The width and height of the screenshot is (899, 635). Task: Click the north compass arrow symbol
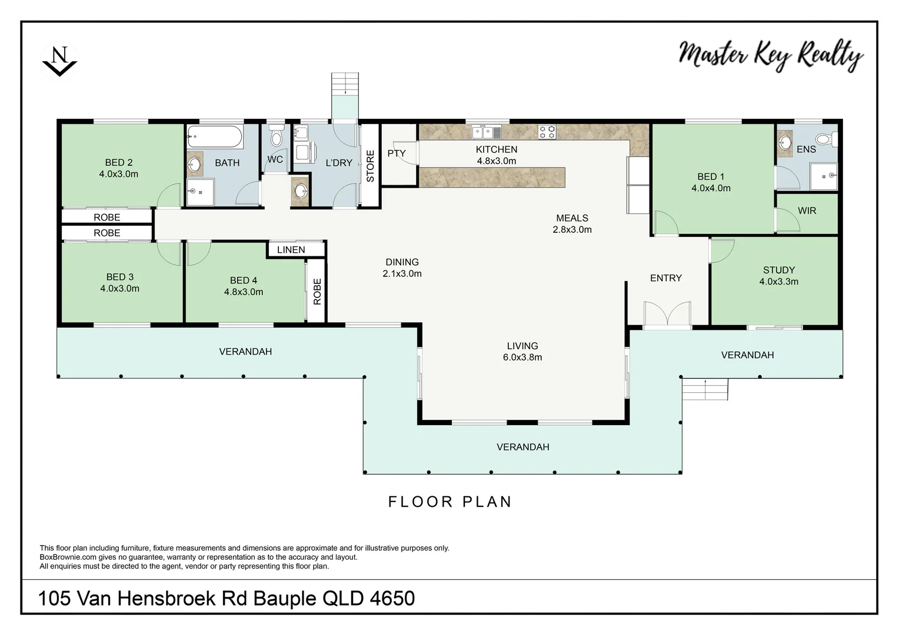click(x=59, y=61)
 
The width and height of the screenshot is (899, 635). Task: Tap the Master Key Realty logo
click(x=771, y=55)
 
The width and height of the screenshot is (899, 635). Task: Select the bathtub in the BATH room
click(x=215, y=139)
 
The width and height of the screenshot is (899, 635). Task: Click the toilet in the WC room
click(x=275, y=136)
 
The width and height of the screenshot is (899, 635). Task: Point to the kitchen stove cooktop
click(x=547, y=132)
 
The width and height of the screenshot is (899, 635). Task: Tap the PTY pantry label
click(x=397, y=153)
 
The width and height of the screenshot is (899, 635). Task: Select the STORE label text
click(x=370, y=166)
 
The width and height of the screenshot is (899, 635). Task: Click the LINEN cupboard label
click(x=291, y=250)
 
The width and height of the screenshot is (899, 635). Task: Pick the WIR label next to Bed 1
click(x=807, y=210)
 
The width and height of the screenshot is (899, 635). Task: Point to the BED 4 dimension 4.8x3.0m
click(x=244, y=292)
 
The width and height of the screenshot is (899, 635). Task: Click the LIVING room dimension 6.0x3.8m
click(x=522, y=357)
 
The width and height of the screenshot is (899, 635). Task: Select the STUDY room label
click(x=778, y=270)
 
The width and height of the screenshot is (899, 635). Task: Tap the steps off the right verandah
click(x=705, y=389)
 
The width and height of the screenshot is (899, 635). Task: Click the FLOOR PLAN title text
click(x=450, y=502)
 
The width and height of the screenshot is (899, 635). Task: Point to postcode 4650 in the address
click(x=392, y=599)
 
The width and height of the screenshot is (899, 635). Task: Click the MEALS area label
click(x=572, y=218)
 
